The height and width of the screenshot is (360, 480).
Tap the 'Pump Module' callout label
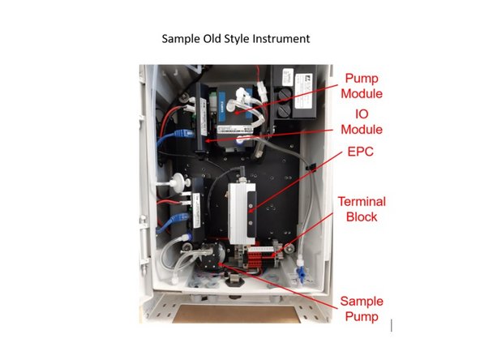362,86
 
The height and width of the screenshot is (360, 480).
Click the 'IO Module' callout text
362,122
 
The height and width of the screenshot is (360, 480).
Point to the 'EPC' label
360,152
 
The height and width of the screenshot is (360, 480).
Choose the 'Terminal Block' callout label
362,209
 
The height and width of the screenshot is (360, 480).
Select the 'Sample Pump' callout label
362,309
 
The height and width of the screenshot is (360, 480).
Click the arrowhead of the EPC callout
250,211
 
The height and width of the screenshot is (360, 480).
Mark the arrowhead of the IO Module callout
208,141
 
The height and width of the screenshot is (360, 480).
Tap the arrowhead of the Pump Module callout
236,113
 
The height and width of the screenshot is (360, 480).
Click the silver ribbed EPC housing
242,214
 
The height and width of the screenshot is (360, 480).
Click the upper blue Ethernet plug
183,134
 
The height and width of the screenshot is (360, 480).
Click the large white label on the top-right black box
305,92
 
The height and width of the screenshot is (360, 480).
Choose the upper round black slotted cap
284,95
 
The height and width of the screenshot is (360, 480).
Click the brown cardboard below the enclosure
236,314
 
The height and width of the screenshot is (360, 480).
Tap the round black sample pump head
214,255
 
